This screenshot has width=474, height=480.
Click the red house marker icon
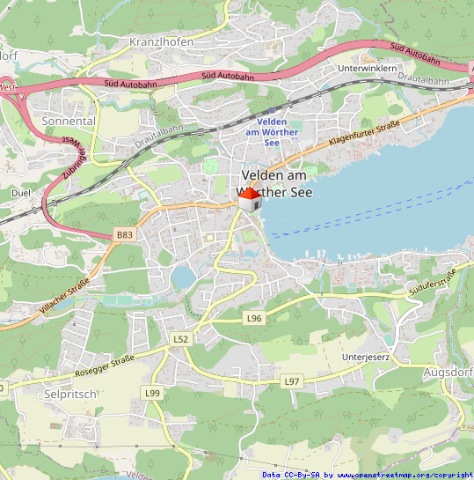pyautogui.click(x=250, y=200)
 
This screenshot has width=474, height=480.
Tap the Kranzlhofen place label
pyautogui.click(x=161, y=41)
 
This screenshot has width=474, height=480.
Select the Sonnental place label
pyautogui.click(x=69, y=120)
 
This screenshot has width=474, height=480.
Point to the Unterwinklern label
pyautogui.click(x=368, y=68)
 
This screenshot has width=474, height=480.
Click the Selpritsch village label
pyautogui.click(x=69, y=395)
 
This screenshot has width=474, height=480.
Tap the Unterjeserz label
pyautogui.click(x=365, y=357)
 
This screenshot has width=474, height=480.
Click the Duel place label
pyautogui.click(x=20, y=191)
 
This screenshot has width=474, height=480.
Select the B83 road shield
pyautogui.click(x=126, y=235)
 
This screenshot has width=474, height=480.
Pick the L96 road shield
pyautogui.click(x=254, y=317)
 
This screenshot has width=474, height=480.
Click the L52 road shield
pyautogui.click(x=180, y=338)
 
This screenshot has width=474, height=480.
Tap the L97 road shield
pyautogui.click(x=292, y=380)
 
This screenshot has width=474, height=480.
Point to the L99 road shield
pyautogui.click(x=153, y=392)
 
